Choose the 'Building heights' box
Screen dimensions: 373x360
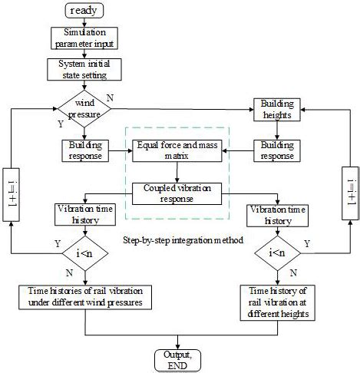[x=279, y=107]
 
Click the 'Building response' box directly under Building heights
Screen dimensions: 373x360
[x=279, y=150]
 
